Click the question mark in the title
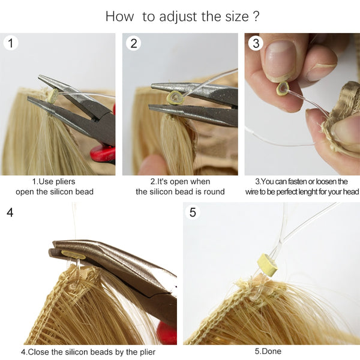[256, 16]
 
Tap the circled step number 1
[11, 43]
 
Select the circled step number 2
[134, 43]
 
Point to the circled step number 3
[256, 43]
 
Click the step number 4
[10, 212]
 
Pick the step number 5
[193, 212]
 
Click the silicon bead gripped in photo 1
[52, 95]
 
